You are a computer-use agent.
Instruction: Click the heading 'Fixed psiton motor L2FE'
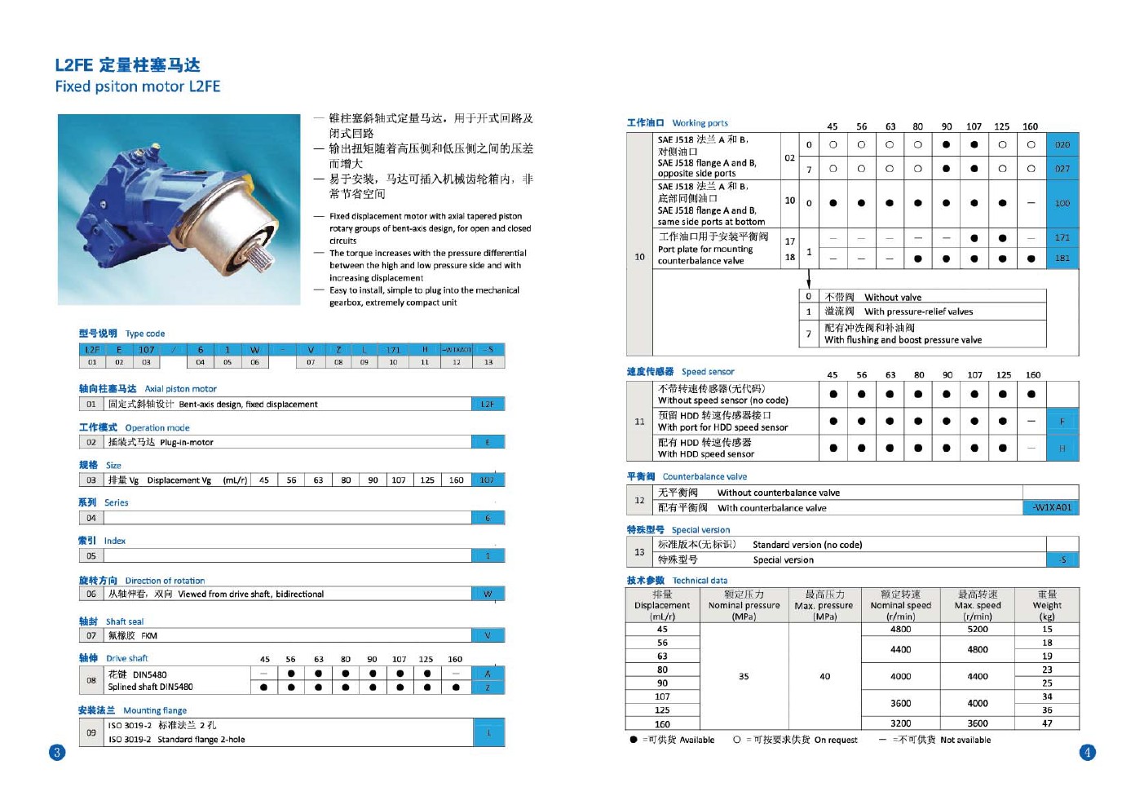tap(138, 86)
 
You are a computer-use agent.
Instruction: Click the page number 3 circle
tap(57, 752)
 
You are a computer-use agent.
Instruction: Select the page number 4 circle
tap(1087, 752)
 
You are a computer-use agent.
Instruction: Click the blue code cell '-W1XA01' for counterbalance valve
tap(1051, 507)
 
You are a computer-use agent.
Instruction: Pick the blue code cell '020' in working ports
tap(1062, 144)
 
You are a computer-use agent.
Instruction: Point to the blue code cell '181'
tap(1062, 259)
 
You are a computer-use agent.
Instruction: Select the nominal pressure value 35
tap(744, 676)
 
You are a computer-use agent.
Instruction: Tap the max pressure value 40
tap(824, 676)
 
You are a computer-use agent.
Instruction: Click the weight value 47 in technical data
tap(1047, 723)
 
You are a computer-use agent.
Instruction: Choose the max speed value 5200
tap(978, 629)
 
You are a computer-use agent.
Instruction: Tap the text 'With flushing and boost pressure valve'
tap(903, 340)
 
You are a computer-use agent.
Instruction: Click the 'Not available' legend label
tap(965, 740)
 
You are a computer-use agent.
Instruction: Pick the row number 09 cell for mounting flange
tap(91, 732)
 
